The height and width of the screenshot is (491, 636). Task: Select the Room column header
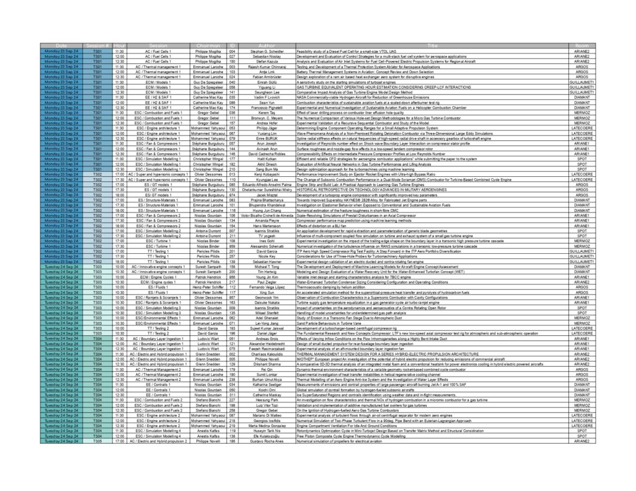[x=582, y=46]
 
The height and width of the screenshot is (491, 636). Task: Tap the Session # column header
[x=98, y=46]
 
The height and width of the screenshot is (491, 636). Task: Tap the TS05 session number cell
[x=98, y=441]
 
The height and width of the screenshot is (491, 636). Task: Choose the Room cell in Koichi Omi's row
[x=582, y=390]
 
